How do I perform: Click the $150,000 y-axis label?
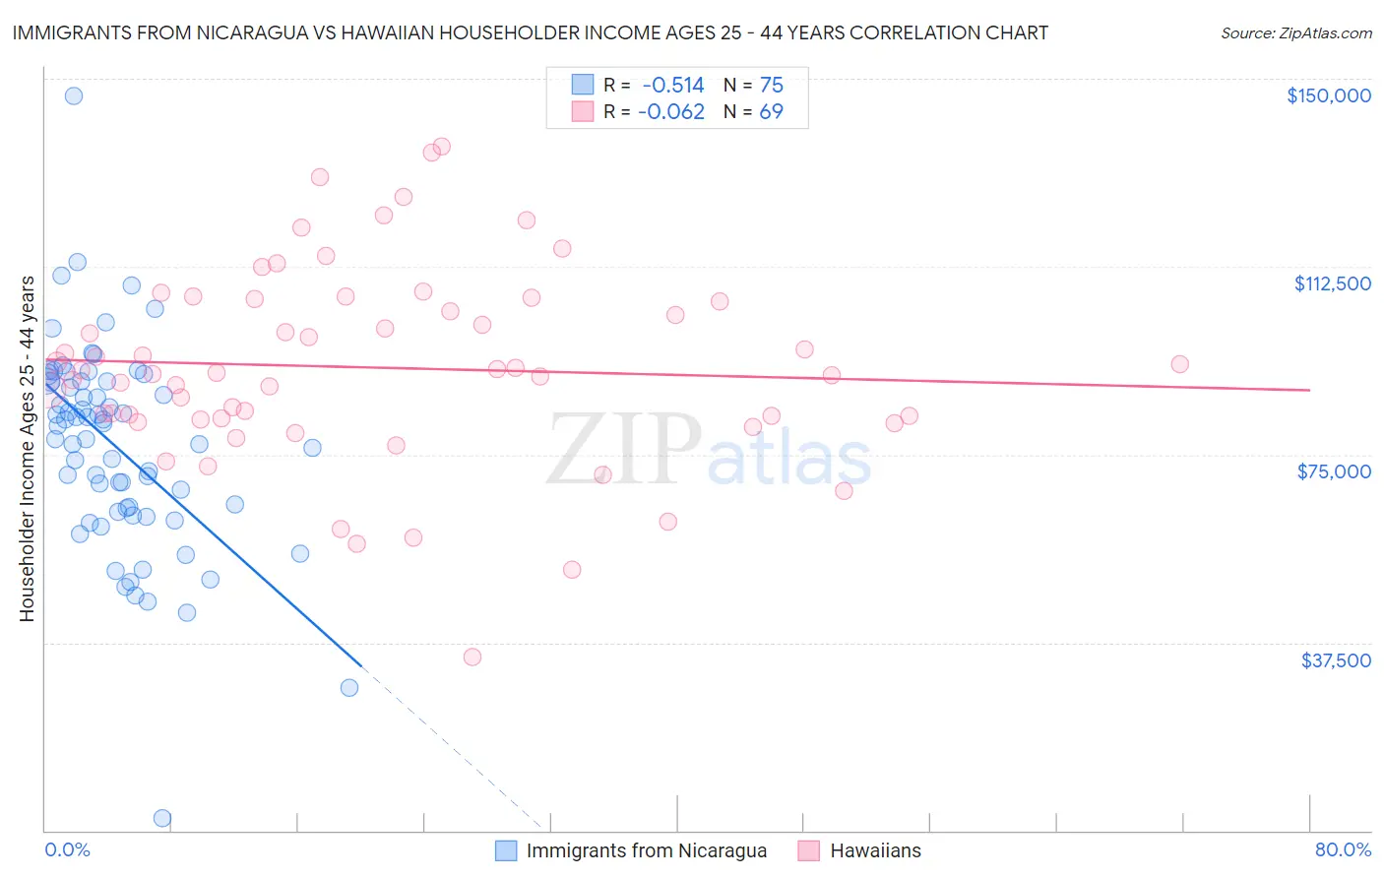(1328, 95)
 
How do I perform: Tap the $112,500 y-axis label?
(1332, 283)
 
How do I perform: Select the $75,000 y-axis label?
(1334, 471)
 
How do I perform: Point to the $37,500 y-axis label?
(1336, 660)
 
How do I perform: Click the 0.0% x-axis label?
(67, 849)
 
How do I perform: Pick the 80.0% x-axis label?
(1343, 849)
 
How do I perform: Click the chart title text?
(530, 32)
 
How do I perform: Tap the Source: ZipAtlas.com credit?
(1295, 32)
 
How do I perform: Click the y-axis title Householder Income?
(27, 449)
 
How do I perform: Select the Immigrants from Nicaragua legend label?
(646, 850)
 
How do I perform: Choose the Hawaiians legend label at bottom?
(875, 850)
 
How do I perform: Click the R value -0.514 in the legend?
(673, 85)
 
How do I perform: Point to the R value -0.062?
(671, 111)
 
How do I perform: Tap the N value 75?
(771, 85)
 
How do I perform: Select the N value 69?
(771, 111)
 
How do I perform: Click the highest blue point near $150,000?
(73, 95)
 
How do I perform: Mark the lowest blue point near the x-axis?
(162, 818)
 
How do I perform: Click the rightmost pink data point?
(1179, 364)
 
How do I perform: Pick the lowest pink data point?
(472, 657)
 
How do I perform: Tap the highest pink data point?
(442, 146)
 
